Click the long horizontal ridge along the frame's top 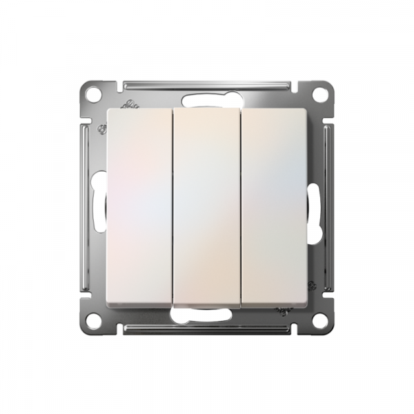[x=207, y=86]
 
